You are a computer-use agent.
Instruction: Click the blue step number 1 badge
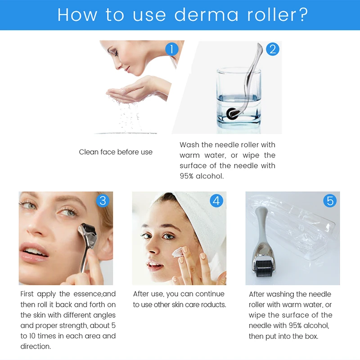(171, 49)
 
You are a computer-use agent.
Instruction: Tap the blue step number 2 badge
(272, 49)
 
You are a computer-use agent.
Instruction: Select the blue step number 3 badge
(103, 200)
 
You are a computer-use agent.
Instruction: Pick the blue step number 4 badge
(216, 200)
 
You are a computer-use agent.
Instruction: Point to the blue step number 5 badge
(330, 200)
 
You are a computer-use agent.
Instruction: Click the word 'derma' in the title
(207, 15)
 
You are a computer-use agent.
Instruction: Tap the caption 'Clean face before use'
(116, 152)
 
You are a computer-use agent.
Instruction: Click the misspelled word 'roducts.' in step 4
(211, 305)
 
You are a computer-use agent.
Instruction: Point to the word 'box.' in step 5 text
(310, 336)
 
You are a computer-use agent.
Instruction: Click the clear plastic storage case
(310, 238)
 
